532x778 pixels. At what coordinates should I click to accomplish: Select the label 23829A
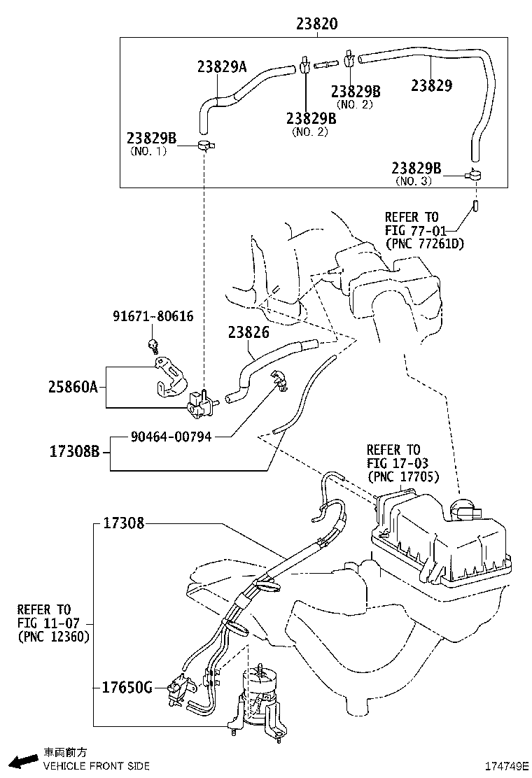pyautogui.click(x=222, y=67)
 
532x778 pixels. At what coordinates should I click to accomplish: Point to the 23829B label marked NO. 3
pyautogui.click(x=416, y=168)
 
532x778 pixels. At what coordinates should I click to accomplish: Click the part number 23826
pyautogui.click(x=248, y=333)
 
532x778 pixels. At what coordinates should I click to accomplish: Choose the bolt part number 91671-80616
pyautogui.click(x=153, y=316)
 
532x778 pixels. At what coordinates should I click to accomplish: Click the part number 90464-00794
pyautogui.click(x=171, y=437)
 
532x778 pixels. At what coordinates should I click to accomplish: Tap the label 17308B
pyautogui.click(x=76, y=452)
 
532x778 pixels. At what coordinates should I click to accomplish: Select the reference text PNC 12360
pyautogui.click(x=53, y=637)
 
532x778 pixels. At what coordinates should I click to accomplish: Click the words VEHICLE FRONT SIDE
pyautogui.click(x=96, y=766)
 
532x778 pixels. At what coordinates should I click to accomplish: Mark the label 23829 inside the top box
pyautogui.click(x=431, y=86)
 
